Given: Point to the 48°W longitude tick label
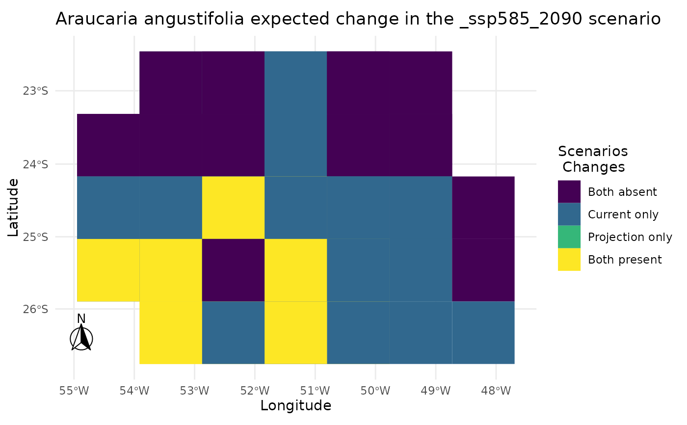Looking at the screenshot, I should [x=496, y=391].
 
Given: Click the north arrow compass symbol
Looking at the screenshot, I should [x=81, y=338].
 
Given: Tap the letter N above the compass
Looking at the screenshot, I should [x=81, y=319].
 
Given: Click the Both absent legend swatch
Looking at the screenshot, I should [x=569, y=191].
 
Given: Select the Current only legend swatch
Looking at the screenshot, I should [x=569, y=214].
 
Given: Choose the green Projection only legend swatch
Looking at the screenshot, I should [x=569, y=237].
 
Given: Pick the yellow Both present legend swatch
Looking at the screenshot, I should [x=569, y=259].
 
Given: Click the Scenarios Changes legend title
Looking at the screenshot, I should [x=593, y=159].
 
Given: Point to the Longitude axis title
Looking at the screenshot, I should [x=295, y=406].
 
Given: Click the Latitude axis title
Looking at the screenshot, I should [x=13, y=208].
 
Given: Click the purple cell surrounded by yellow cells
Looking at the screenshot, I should [x=233, y=270].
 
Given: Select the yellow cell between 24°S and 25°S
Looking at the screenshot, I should [x=233, y=208].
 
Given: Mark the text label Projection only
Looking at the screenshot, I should [x=630, y=237].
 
